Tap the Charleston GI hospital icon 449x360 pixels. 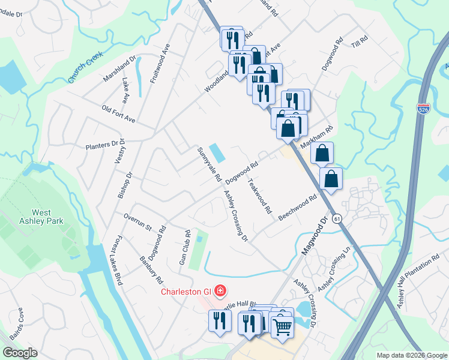click(220, 292)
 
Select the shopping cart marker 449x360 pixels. click(282, 328)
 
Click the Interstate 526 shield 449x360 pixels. click(423, 109)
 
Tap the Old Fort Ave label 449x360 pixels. click(118, 114)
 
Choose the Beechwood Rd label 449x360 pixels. click(297, 208)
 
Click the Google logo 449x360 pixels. click(20, 353)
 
